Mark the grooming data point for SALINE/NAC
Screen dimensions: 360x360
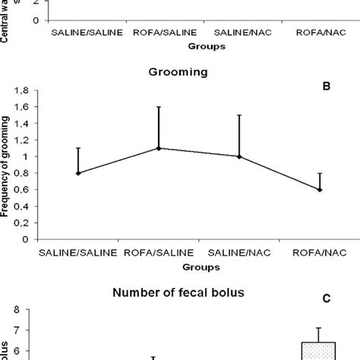pos(239,156)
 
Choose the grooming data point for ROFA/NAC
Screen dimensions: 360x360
pos(319,190)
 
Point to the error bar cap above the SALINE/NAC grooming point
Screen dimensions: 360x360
pos(239,115)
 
